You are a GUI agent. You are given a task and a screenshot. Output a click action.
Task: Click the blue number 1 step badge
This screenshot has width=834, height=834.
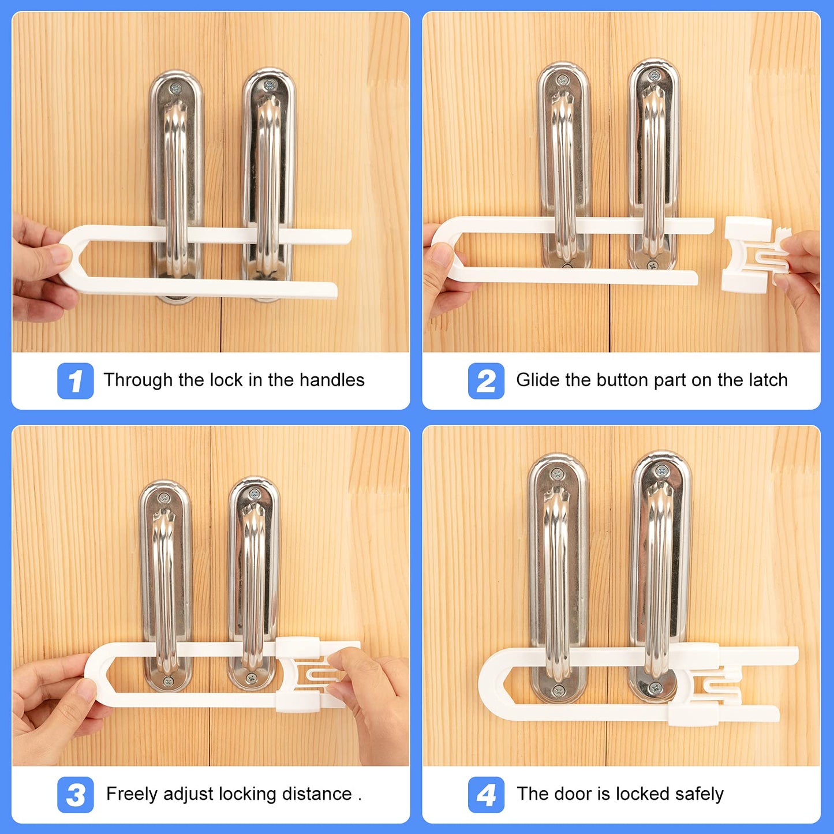point(75,381)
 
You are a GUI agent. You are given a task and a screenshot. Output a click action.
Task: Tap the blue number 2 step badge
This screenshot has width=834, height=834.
point(486,381)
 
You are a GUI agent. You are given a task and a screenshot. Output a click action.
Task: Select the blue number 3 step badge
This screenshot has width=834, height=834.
point(75,795)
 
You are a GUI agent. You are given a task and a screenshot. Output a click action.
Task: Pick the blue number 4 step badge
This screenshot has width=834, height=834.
point(486,795)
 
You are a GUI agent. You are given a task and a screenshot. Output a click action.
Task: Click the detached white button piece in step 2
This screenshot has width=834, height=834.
point(750,254)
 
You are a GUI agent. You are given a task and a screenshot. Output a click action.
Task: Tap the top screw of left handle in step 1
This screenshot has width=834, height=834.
point(176,89)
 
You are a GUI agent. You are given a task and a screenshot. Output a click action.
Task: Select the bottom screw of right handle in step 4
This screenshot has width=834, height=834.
point(655,688)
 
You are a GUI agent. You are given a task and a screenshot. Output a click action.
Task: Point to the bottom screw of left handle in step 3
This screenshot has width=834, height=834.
point(168,682)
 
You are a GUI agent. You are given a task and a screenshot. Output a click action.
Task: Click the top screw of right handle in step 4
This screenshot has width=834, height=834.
point(661,470)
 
